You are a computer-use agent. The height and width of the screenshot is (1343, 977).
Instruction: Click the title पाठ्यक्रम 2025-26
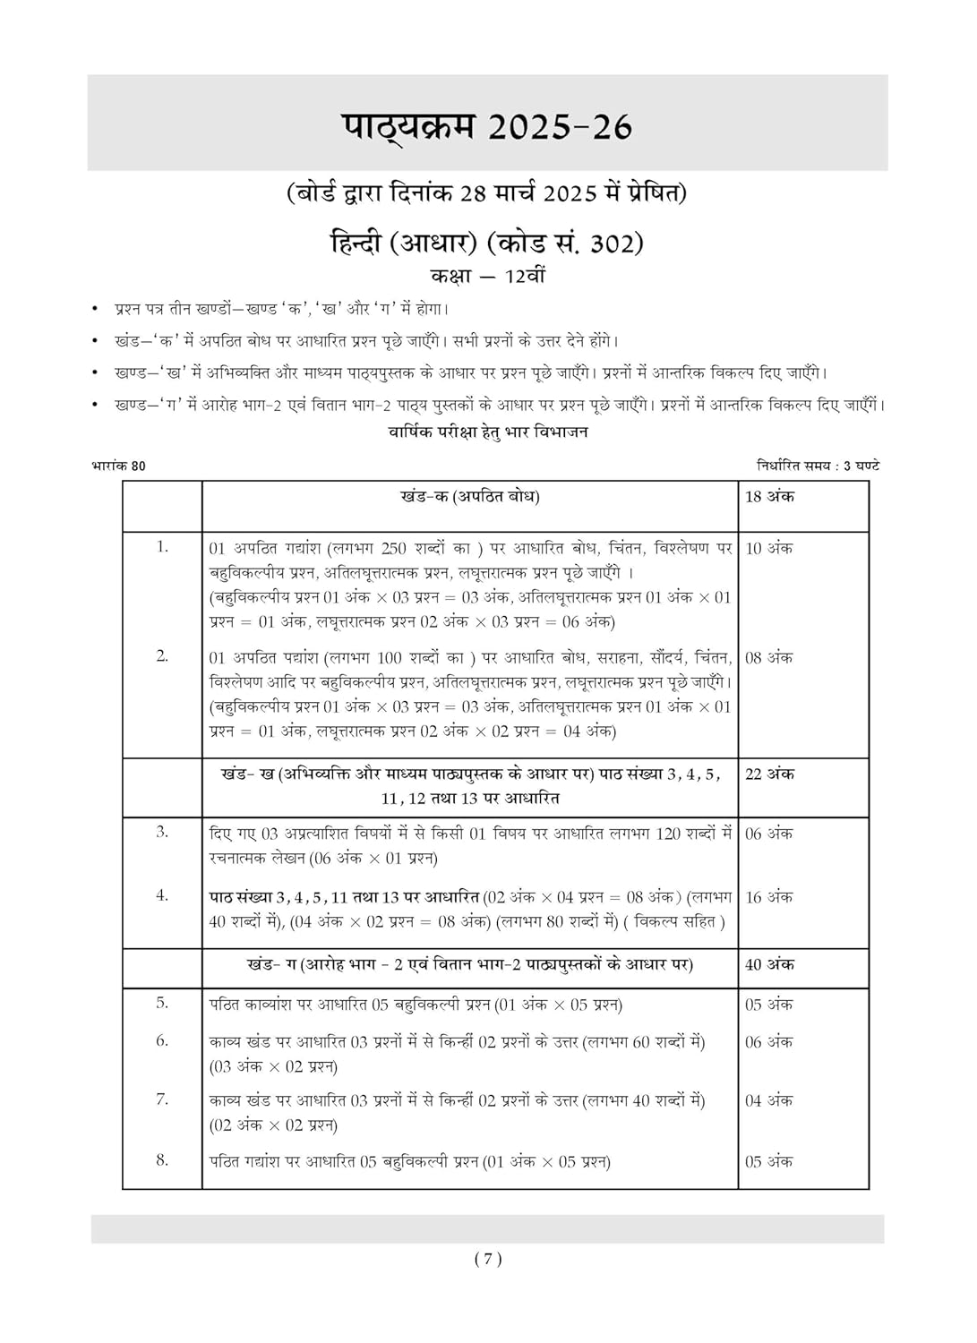pyautogui.click(x=487, y=126)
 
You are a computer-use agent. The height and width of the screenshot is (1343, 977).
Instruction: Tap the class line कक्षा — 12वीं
pyautogui.click(x=488, y=276)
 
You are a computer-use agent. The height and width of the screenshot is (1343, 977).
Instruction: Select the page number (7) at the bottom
pyautogui.click(x=488, y=1260)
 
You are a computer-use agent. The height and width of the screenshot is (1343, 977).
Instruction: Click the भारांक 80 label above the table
pyautogui.click(x=119, y=466)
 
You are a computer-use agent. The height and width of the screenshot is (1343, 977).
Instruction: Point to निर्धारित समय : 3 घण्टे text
pyautogui.click(x=818, y=466)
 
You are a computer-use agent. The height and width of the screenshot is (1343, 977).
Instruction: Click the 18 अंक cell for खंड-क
pyautogui.click(x=769, y=497)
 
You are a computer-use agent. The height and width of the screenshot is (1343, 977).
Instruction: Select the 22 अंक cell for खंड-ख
pyautogui.click(x=769, y=774)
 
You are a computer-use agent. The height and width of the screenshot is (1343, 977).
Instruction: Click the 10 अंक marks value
pyautogui.click(x=769, y=549)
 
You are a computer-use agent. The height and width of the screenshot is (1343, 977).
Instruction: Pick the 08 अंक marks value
pyautogui.click(x=769, y=658)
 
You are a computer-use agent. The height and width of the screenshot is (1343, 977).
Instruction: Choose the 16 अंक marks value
pyautogui.click(x=769, y=897)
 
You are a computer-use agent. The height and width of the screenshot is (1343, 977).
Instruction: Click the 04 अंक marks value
pyautogui.click(x=769, y=1101)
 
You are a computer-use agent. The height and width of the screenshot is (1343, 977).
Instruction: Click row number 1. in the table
pyautogui.click(x=162, y=547)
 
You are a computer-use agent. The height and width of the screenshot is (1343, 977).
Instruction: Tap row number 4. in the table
pyautogui.click(x=162, y=895)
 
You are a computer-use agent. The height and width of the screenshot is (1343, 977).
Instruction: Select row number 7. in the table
pyautogui.click(x=162, y=1099)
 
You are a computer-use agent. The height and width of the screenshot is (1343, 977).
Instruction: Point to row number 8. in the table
pyautogui.click(x=162, y=1160)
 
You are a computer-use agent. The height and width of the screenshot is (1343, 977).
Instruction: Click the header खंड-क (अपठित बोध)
pyautogui.click(x=470, y=497)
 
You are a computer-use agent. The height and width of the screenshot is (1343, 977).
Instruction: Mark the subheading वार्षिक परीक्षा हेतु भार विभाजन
pyautogui.click(x=488, y=432)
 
